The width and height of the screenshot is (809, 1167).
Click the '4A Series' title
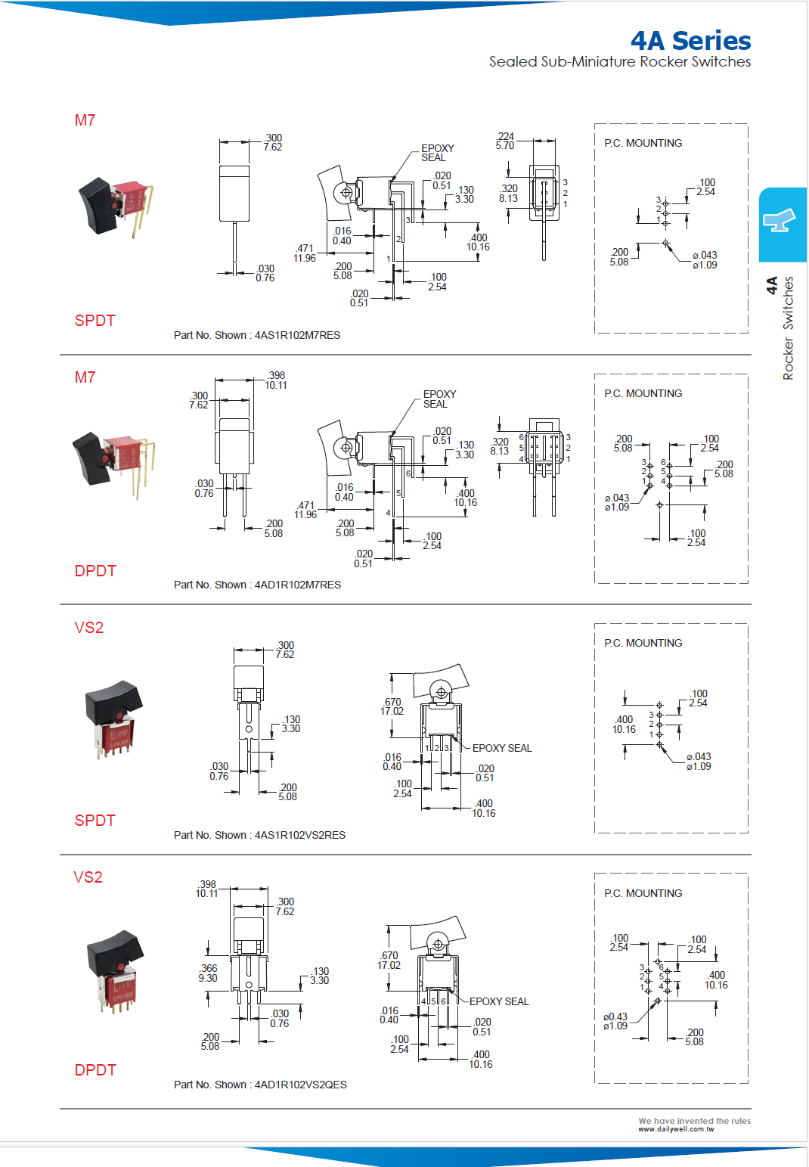click(690, 40)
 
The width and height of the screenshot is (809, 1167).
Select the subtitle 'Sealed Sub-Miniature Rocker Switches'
click(619, 62)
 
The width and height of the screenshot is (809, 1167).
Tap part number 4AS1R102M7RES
click(296, 335)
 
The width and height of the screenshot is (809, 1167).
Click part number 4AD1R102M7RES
click(297, 585)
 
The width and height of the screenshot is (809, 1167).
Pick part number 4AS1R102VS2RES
click(299, 835)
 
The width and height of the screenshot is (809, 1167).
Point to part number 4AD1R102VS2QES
click(300, 1085)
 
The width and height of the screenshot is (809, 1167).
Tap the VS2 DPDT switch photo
click(115, 970)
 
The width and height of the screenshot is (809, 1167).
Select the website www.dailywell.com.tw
click(675, 1129)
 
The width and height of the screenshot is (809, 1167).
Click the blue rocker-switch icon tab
click(782, 224)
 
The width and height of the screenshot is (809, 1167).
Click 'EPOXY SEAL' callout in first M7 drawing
click(437, 153)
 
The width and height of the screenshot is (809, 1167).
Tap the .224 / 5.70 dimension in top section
click(505, 141)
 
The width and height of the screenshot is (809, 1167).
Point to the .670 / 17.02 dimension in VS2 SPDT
click(392, 706)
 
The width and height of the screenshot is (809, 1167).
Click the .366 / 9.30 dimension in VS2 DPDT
click(208, 973)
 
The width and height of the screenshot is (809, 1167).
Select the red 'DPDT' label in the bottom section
click(95, 1070)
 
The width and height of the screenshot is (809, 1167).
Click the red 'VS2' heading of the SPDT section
click(88, 628)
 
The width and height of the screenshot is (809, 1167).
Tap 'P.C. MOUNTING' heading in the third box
click(643, 643)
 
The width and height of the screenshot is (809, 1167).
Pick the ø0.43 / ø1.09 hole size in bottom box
click(615, 1021)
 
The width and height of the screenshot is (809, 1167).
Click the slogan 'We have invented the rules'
click(694, 1121)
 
